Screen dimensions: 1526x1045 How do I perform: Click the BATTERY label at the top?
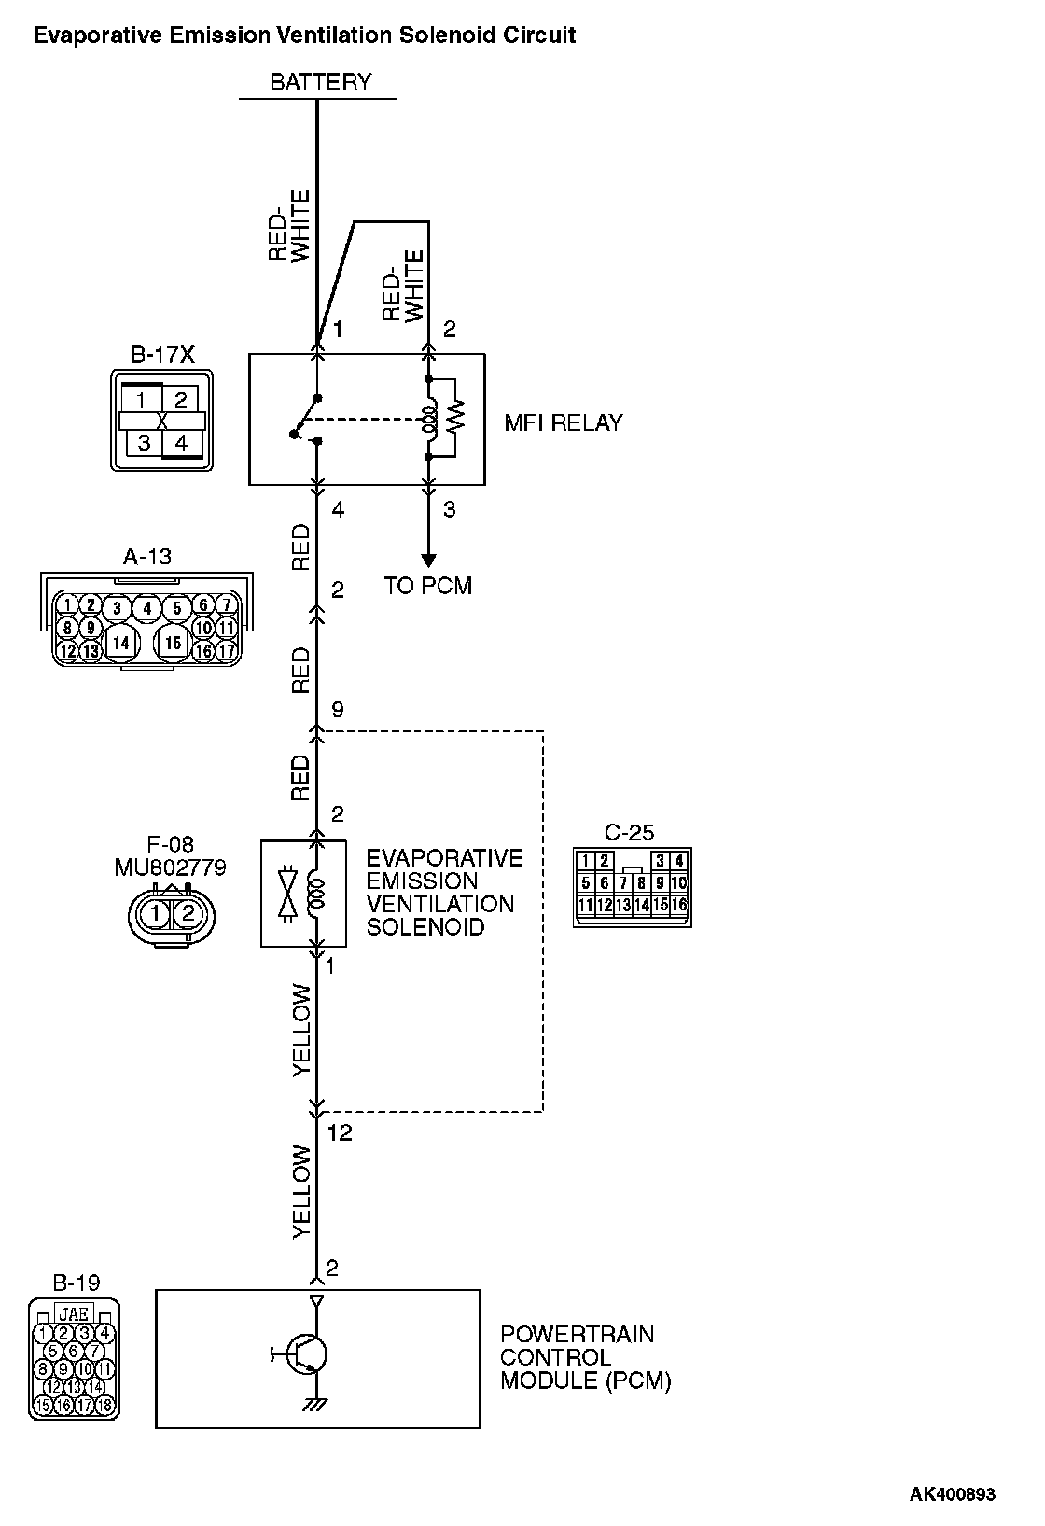coord(320,82)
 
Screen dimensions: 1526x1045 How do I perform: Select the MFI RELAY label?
coord(563,423)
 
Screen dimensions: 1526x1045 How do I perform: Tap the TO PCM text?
coord(428,586)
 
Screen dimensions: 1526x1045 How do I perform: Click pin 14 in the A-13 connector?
coord(119,643)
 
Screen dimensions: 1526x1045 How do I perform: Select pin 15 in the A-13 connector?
coord(173,643)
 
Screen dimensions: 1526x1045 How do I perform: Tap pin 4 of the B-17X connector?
coord(181,442)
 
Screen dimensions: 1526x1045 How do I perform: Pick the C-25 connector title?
coord(630,832)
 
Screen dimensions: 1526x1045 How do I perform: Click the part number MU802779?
coord(170,867)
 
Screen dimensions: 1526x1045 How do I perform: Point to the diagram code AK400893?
coord(953,1493)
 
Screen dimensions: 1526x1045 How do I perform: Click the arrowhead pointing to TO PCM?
coord(428,561)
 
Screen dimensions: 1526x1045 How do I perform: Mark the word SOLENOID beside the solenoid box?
coord(425,927)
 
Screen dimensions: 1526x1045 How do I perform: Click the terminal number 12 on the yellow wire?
coord(340,1132)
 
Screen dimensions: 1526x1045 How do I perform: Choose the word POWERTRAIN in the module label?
coord(577,1334)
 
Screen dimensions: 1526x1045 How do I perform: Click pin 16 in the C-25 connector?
coord(680,905)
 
